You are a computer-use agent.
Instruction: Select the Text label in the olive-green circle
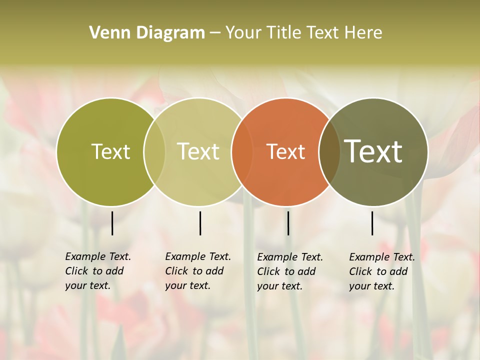click(x=111, y=151)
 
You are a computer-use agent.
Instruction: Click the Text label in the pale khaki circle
click(x=198, y=151)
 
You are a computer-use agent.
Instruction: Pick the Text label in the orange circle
click(x=286, y=151)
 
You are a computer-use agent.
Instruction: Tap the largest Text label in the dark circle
click(x=373, y=151)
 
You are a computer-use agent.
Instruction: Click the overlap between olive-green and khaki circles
click(x=154, y=152)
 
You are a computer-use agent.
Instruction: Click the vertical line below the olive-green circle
click(x=112, y=223)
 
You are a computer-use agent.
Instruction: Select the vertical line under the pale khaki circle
click(x=200, y=223)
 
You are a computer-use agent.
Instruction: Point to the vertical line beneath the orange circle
click(x=288, y=223)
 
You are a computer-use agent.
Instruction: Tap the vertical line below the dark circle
click(x=372, y=223)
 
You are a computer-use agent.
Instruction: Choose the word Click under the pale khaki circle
click(x=176, y=271)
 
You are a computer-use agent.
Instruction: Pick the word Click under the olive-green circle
click(x=76, y=271)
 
